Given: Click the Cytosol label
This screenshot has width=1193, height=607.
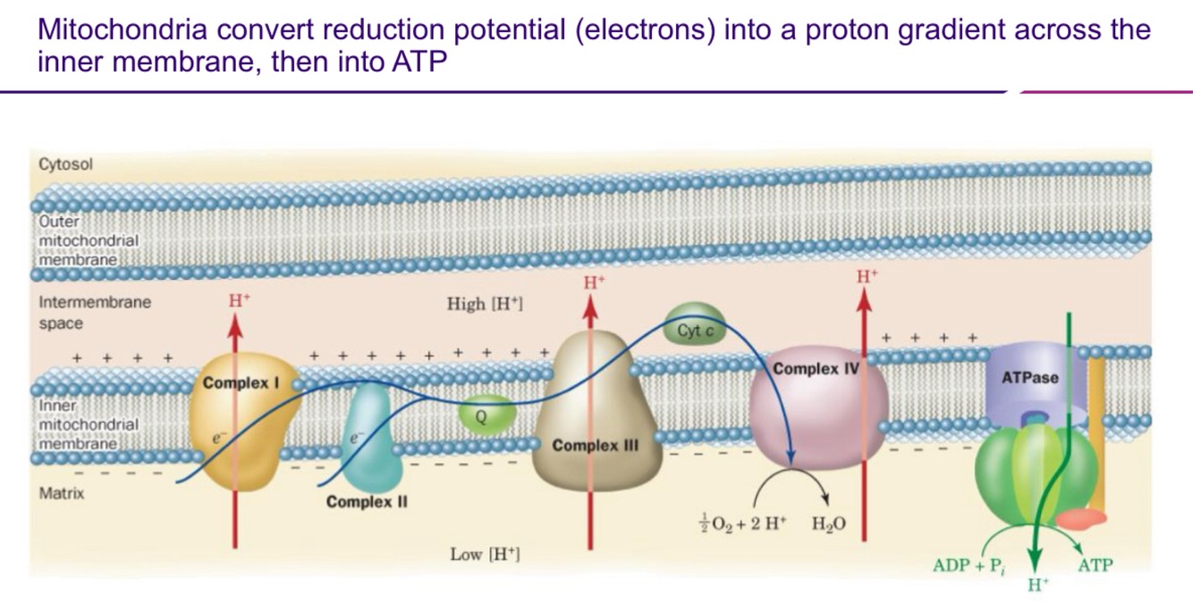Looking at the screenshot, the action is (66, 165).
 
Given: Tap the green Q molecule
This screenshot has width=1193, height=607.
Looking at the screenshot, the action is (481, 414).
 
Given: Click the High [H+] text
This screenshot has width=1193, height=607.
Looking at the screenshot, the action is (485, 304).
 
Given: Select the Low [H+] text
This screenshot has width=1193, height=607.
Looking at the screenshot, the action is (486, 555).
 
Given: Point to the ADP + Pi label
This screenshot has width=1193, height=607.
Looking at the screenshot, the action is (967, 565).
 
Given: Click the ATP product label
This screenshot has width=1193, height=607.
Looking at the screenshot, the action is (1096, 565).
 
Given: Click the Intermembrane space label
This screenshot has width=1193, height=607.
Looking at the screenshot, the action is (95, 312).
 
